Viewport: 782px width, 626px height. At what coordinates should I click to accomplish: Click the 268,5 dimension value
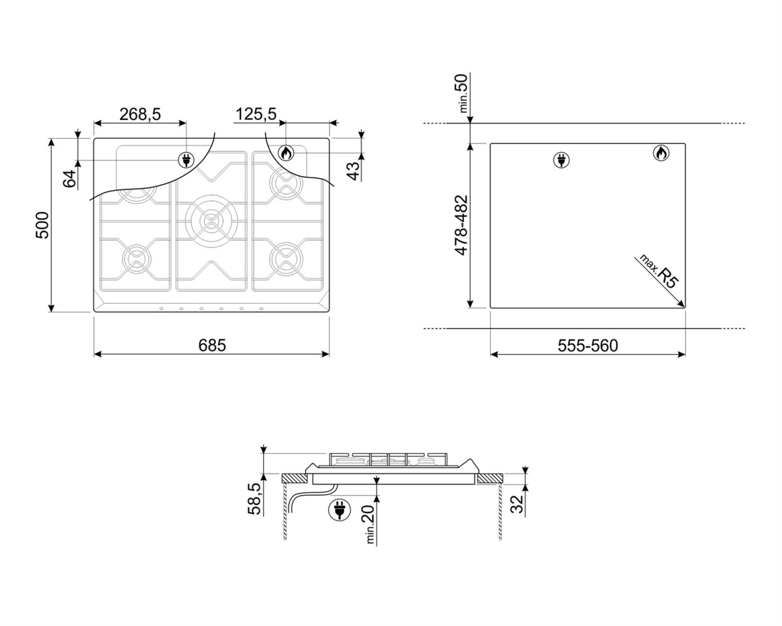[140, 114]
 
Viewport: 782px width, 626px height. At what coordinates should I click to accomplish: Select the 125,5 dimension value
[256, 114]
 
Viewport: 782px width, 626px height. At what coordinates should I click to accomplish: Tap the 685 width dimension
[212, 345]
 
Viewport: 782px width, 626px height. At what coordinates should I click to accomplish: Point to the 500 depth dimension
[42, 225]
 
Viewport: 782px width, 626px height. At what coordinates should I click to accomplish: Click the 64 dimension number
[70, 179]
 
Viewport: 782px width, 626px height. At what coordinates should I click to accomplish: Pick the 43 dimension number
[353, 171]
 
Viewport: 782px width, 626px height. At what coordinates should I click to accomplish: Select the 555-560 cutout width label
[588, 346]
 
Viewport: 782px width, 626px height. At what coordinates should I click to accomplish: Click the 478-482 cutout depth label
[461, 225]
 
